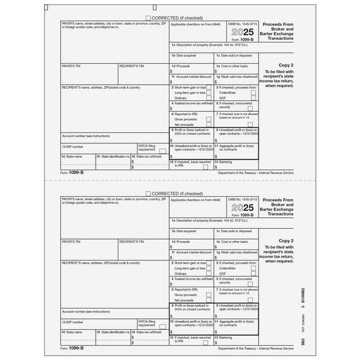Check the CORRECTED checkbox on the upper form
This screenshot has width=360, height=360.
click(149, 18)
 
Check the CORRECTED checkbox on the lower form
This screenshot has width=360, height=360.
click(149, 193)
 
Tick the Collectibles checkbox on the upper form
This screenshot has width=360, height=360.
click(254, 93)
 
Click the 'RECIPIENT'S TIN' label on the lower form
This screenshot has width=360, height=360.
click(131, 242)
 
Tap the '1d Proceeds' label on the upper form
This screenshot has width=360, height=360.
click(183, 66)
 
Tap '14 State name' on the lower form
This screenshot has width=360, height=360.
click(73, 332)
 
